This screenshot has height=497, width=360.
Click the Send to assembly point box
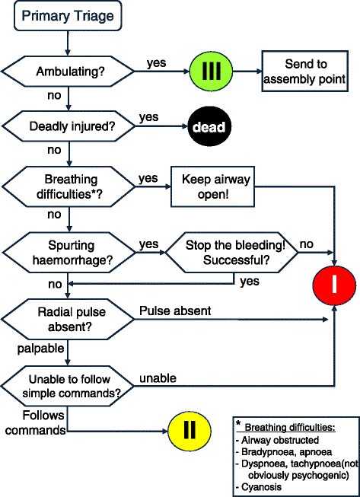pyautogui.click(x=304, y=72)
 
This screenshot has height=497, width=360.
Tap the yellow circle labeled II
pyautogui.click(x=187, y=431)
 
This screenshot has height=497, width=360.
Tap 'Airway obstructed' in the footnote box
pyautogui.click(x=287, y=440)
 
